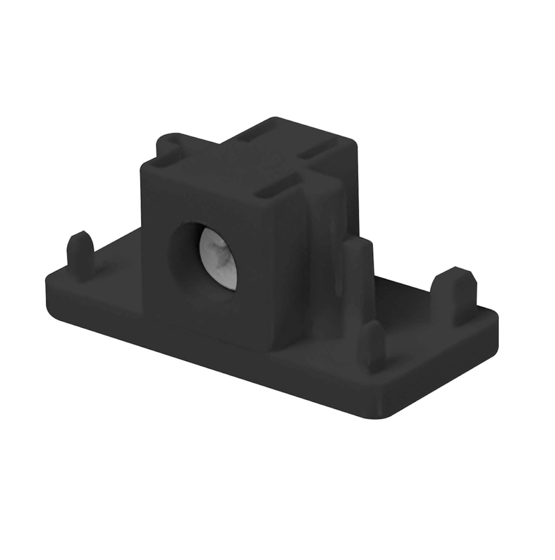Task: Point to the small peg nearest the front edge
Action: (x=372, y=345)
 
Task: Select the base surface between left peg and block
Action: (x=117, y=271)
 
